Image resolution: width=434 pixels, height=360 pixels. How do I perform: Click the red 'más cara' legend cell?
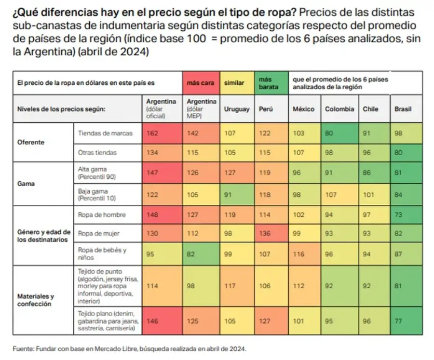[x=201, y=83]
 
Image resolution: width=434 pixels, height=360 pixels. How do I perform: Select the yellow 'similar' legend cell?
[x=234, y=83]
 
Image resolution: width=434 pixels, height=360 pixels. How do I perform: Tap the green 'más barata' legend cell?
[x=270, y=83]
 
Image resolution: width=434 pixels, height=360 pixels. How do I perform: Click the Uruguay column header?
[x=237, y=109]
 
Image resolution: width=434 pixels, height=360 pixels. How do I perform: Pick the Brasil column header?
[x=403, y=109]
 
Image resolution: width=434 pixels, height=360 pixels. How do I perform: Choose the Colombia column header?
[x=339, y=109]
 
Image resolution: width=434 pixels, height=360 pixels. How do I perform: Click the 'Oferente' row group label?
[x=30, y=143]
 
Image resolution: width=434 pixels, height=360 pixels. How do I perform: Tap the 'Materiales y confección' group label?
[x=35, y=300]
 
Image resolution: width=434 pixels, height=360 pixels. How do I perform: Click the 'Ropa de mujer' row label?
[x=98, y=234]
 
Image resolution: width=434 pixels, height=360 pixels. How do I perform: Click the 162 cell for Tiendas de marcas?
[x=152, y=133]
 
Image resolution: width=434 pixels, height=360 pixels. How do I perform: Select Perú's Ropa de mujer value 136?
[x=265, y=234]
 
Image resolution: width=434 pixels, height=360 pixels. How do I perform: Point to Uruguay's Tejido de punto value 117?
[x=230, y=286]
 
